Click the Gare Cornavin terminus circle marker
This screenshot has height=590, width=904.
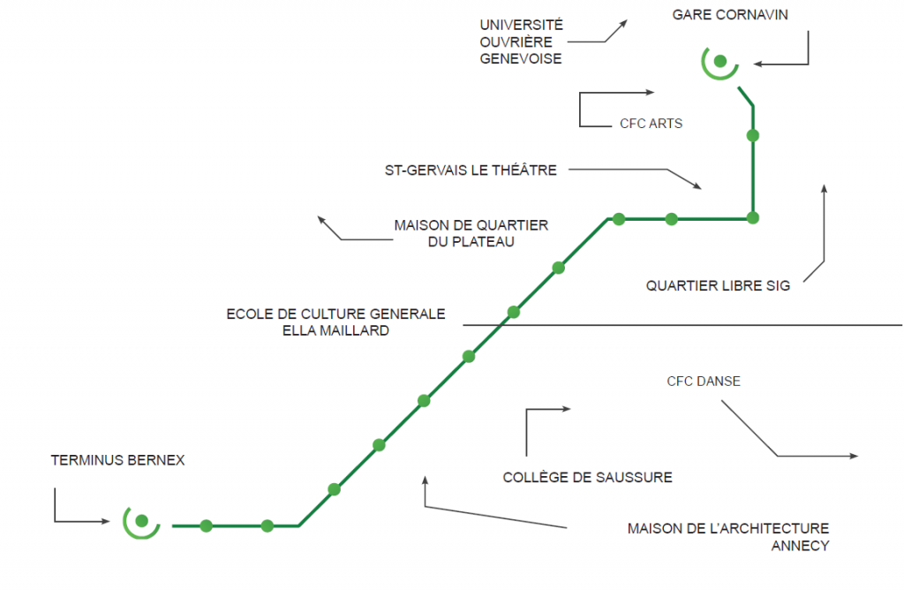[719, 61]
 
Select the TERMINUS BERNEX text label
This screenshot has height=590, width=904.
[117, 460]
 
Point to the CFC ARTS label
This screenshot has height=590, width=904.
[651, 124]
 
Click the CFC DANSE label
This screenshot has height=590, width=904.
[703, 382]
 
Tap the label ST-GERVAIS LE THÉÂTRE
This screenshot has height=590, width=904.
[471, 170]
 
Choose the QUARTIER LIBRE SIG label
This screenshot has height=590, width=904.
[718, 286]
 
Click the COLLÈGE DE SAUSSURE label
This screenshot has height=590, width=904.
[587, 478]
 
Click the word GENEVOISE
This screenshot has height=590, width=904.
[520, 58]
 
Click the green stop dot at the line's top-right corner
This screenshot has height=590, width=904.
[752, 217]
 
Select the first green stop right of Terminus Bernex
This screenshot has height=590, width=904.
[206, 526]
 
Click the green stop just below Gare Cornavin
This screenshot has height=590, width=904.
[752, 135]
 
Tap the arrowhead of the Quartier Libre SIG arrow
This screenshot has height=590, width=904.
[824, 187]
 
